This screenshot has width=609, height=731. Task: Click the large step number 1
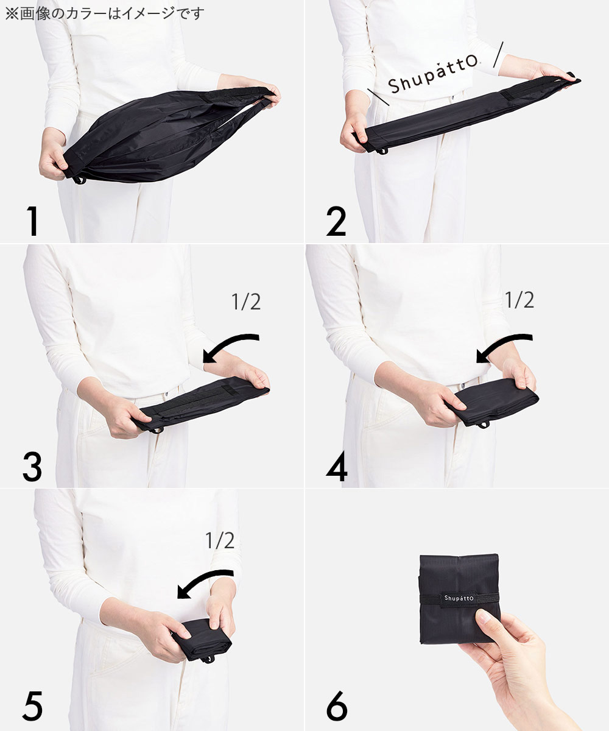coord(33,221)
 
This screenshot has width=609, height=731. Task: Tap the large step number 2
coord(336,221)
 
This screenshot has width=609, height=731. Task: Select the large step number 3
coord(32,467)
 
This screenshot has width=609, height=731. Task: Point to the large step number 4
coord(337,467)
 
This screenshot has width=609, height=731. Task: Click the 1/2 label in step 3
coord(247,302)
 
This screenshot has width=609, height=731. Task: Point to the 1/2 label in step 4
coord(519,300)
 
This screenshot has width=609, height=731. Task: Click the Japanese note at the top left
coord(104,13)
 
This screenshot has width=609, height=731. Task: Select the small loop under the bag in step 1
coord(79,180)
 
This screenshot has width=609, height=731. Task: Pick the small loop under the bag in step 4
coord(484,425)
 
